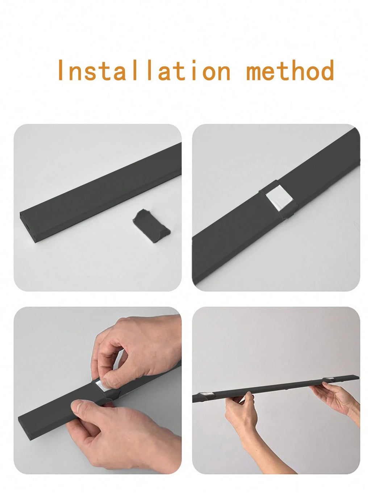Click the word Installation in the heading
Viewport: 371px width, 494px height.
click(144, 70)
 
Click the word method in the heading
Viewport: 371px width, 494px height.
click(290, 70)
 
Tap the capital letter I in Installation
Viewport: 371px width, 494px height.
click(61, 70)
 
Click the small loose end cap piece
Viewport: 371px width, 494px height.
click(151, 226)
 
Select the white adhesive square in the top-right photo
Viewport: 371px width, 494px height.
click(279, 199)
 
